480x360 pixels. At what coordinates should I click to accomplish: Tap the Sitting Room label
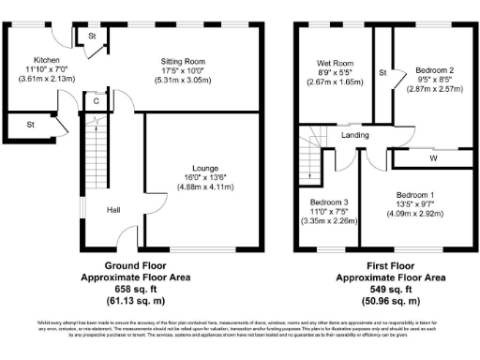tap(182, 62)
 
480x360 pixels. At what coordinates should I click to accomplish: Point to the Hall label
tap(112, 210)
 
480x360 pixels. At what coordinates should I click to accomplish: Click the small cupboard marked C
tap(96, 100)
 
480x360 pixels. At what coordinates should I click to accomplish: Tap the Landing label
tap(355, 136)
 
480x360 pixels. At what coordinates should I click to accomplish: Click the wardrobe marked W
tap(432, 158)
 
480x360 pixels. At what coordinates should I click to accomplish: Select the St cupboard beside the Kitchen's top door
tap(93, 36)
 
